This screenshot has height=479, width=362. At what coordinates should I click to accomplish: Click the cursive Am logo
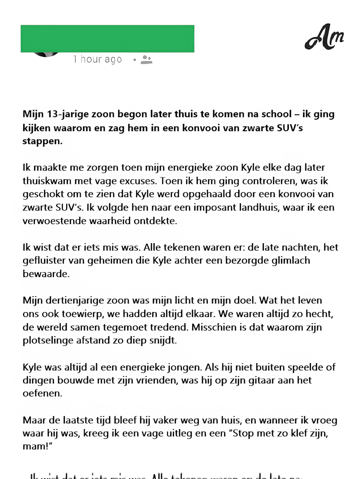coord(324,37)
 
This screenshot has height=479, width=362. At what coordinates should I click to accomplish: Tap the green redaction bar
coord(107,38)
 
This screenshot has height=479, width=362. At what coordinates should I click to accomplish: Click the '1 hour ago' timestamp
coord(97,59)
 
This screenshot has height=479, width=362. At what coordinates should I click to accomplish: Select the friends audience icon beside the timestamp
coord(146,59)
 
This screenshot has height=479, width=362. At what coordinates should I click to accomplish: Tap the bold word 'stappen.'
coord(43,141)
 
